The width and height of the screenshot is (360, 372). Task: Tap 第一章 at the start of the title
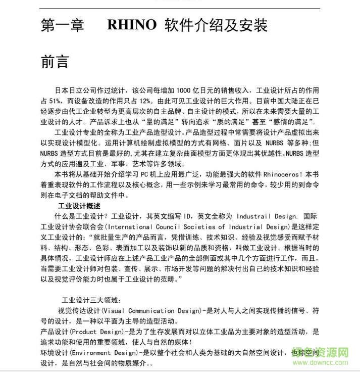[62, 25]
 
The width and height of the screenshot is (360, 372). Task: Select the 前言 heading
[55, 62]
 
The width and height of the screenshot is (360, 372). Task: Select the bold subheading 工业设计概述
[79, 206]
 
